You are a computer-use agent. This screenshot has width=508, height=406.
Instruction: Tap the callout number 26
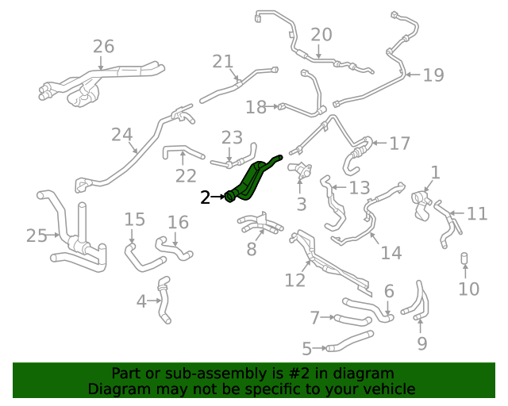(103, 46)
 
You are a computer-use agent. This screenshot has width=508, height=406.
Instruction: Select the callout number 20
(321, 34)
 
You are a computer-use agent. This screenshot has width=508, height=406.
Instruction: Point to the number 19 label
(433, 75)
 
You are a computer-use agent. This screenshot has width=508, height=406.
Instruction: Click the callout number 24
(121, 135)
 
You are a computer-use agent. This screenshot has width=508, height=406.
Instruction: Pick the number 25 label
(36, 236)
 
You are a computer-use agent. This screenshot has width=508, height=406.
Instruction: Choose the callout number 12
(294, 279)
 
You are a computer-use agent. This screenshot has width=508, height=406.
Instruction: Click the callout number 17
(399, 144)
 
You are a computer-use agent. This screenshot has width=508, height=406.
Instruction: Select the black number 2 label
(206, 197)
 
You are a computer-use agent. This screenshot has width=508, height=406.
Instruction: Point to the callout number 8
(252, 250)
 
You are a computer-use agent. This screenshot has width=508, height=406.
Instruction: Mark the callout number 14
(391, 253)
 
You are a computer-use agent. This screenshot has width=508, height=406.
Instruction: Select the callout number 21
(223, 61)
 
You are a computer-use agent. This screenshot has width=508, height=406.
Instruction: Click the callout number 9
(421, 343)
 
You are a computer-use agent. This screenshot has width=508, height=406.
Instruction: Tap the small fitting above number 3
(300, 170)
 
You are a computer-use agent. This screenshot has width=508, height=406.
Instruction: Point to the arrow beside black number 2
(218, 197)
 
